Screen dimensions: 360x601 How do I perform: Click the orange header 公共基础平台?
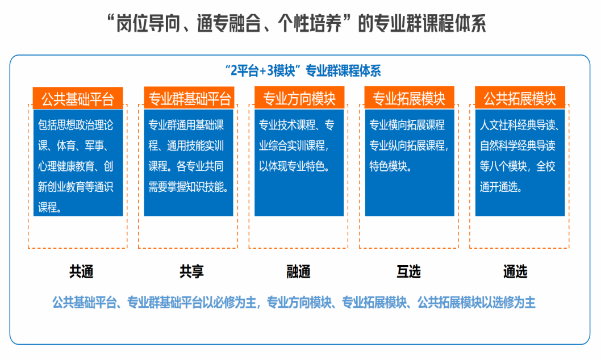[78, 99]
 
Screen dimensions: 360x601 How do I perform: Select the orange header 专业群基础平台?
[190, 99]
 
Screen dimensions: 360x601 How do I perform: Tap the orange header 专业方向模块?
[299, 99]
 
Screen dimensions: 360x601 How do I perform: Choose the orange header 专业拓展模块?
[409, 99]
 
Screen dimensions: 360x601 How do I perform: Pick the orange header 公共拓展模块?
[520, 99]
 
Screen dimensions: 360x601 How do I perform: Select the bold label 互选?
[408, 272]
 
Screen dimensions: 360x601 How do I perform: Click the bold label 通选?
[515, 272]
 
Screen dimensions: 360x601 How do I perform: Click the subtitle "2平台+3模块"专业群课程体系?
[302, 71]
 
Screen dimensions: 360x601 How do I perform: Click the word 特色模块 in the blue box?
[391, 167]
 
